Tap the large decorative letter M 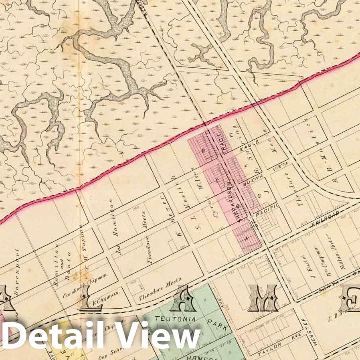tap(263, 298)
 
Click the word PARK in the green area tap(216, 327)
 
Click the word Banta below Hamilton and tap(69, 261)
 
